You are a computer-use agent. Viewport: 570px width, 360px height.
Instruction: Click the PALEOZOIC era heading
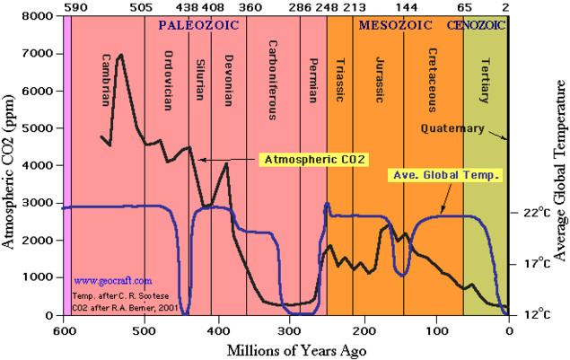coord(198,25)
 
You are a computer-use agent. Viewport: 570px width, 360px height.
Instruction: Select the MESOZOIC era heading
coord(396,25)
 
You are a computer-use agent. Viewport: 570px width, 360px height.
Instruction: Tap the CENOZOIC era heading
coord(476,25)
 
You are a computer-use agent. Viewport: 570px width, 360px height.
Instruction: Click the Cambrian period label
coord(106,80)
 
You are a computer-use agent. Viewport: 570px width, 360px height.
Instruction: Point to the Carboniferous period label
coord(273,80)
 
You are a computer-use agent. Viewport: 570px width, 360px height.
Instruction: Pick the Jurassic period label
coord(380,80)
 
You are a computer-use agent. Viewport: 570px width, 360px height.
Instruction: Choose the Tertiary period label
coord(485,81)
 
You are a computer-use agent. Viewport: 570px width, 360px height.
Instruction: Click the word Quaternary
coord(452,128)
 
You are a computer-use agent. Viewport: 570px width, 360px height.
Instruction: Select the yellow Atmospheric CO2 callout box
coord(313,160)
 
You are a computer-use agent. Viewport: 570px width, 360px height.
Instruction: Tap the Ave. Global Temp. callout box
coord(445,175)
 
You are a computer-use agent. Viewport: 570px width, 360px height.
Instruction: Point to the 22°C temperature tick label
coord(537,213)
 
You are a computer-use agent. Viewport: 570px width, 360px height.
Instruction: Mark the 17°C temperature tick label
coord(537,263)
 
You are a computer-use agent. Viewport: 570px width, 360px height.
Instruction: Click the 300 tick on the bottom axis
coord(290,331)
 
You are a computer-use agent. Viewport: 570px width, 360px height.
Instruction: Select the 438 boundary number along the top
coord(188,7)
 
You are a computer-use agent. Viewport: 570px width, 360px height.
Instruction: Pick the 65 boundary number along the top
coord(464,7)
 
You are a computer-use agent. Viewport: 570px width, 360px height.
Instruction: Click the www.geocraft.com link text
coord(113,281)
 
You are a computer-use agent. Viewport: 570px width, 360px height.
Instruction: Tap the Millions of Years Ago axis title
coord(296,351)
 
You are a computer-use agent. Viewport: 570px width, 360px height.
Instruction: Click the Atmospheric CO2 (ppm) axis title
coord(8,171)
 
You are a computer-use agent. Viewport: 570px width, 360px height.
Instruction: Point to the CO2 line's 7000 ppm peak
coord(121,55)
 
